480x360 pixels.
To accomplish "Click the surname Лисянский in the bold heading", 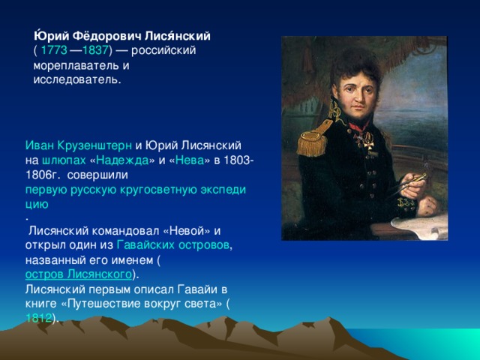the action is click(x=178, y=36).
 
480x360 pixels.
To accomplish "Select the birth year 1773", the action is click(x=54, y=50).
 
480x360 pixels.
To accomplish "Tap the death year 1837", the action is click(x=95, y=50).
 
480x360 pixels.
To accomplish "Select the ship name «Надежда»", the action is click(x=123, y=160).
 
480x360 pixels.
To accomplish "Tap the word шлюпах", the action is click(x=64, y=160).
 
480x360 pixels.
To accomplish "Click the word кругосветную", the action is click(x=158, y=190).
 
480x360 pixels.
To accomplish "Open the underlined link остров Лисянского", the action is click(x=78, y=274).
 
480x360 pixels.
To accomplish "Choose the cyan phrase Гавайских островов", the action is click(x=173, y=245).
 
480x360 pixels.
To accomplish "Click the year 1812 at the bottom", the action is click(x=38, y=318).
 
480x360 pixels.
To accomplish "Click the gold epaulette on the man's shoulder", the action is click(x=312, y=140).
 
